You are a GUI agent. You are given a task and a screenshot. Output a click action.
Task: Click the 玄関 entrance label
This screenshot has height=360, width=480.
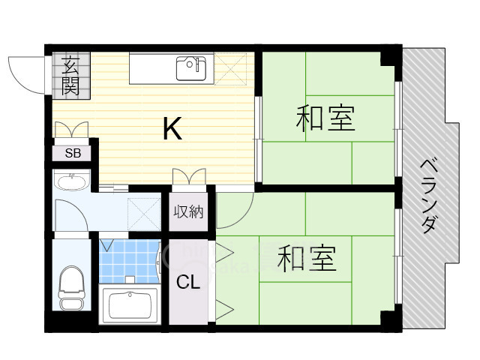coord(71,76)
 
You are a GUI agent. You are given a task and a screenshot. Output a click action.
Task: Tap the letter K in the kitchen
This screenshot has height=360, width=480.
coord(172,128)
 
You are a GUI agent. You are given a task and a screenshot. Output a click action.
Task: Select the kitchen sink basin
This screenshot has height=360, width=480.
coord(191,69)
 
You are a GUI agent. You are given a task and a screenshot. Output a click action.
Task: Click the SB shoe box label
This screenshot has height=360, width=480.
coord(73,153)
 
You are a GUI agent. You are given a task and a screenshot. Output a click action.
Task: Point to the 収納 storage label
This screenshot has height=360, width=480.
coord(188,211)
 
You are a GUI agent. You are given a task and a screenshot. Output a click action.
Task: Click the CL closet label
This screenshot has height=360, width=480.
coord(188,282)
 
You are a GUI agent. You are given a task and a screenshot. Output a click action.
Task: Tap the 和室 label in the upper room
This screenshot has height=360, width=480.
coord(325,118)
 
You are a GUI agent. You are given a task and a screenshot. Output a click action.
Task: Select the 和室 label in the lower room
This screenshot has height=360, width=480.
coord(307,259)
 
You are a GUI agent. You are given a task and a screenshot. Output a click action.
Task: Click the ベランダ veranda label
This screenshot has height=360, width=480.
coord(428,196)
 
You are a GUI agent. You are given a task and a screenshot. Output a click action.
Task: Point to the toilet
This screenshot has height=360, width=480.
coord(72,288)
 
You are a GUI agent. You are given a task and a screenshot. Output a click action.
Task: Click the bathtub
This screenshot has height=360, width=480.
coord(130,304)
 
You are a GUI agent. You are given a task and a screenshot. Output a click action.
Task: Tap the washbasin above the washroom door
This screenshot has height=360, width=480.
coord(72,181)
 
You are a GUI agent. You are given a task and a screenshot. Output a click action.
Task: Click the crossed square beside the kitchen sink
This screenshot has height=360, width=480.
coord(230,69)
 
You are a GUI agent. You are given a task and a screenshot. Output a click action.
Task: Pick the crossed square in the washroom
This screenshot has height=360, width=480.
coord(144,214)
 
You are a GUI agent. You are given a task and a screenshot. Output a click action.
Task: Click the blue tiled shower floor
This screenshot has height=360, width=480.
coord(130,262)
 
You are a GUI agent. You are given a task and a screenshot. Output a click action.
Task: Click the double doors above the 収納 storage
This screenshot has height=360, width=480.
coord(189,177)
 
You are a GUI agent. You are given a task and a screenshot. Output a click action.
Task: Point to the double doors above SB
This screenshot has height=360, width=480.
coord(72,130)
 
